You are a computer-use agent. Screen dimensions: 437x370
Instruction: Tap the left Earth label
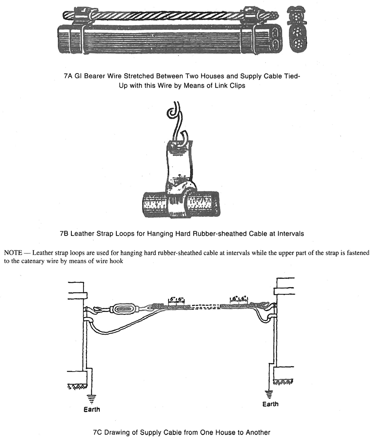92,409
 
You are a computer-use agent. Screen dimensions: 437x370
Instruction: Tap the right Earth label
271,404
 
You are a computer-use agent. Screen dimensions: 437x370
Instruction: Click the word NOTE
13,253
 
